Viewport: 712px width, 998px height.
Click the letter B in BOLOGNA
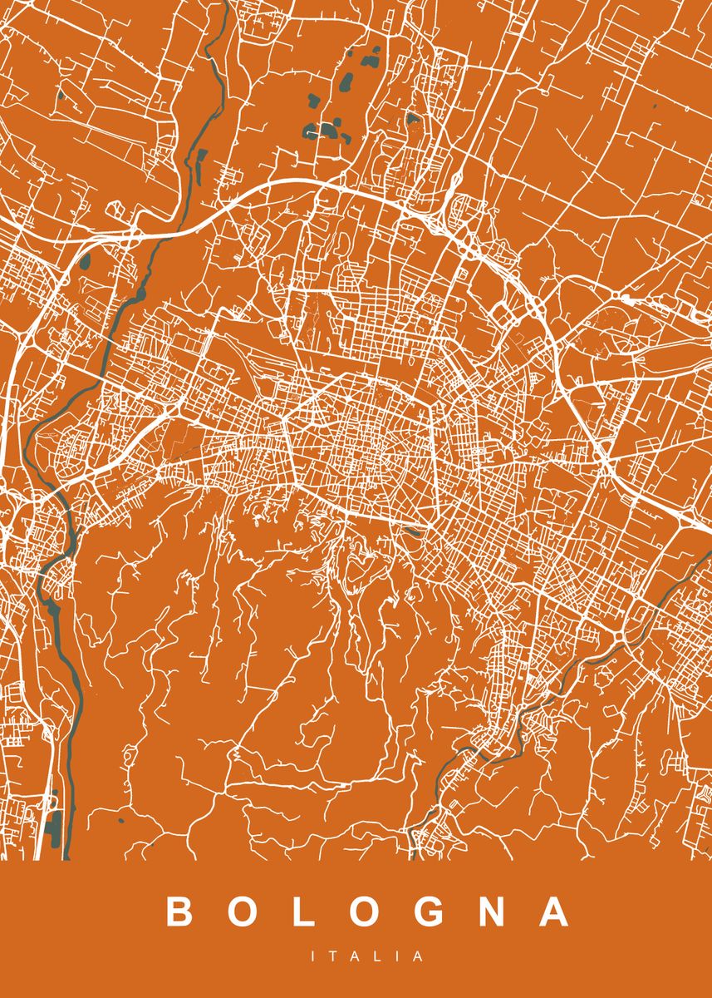179,912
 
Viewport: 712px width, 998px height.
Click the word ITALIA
367,957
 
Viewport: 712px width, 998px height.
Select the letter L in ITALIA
378,957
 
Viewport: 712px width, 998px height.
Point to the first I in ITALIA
314,957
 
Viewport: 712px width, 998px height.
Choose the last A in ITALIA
420,957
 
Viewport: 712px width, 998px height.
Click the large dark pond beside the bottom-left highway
54,827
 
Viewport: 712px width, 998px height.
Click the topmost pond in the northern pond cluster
372,58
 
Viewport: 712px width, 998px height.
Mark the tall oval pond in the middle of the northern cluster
345,83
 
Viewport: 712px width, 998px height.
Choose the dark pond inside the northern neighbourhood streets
413,119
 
